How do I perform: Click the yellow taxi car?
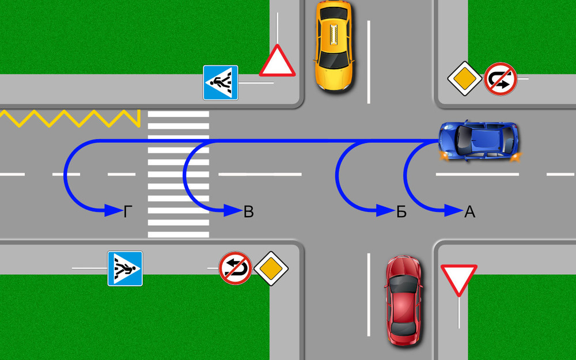click(x=333, y=44)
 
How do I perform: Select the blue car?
click(x=479, y=140)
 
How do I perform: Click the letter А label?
click(x=469, y=212)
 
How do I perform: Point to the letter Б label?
click(x=401, y=212)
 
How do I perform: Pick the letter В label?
click(x=248, y=212)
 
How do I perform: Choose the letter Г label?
click(x=128, y=212)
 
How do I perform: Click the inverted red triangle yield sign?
click(x=458, y=278)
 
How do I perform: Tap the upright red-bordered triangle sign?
click(x=277, y=62)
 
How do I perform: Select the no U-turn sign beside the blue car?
click(x=500, y=79)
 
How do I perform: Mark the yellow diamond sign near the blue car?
click(x=464, y=79)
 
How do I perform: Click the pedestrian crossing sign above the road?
click(x=220, y=82)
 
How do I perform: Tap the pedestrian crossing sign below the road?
click(x=125, y=268)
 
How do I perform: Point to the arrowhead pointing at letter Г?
click(x=113, y=211)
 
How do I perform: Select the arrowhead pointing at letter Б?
click(x=384, y=211)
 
